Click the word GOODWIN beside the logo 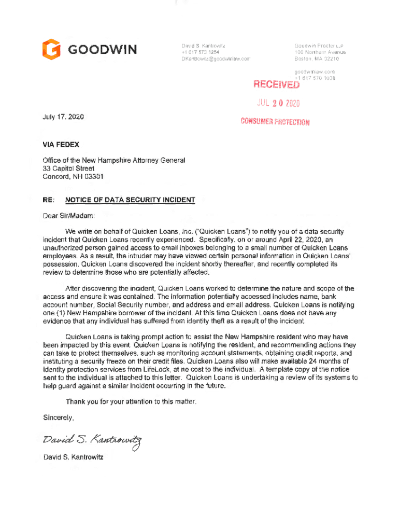(103, 50)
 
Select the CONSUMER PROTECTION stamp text (275, 122)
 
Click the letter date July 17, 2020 (63, 118)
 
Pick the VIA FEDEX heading (61, 144)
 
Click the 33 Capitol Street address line (68, 168)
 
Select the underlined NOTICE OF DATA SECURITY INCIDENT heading (130, 200)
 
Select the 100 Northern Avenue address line (320, 52)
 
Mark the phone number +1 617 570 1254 (200, 52)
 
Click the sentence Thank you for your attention (131, 402)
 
